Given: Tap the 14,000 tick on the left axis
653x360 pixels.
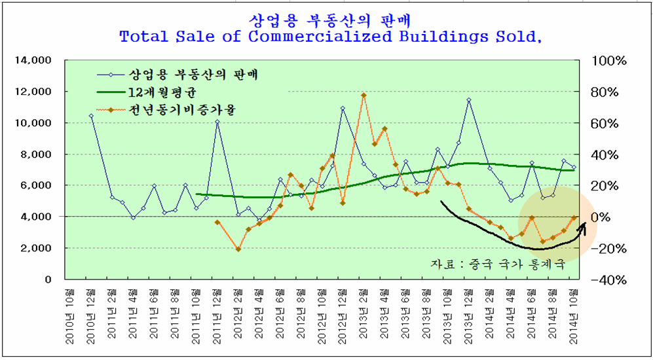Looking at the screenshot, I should (x=33, y=60).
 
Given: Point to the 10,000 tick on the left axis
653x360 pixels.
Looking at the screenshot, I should (x=33, y=123).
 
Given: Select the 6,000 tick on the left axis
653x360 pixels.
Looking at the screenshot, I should (x=35, y=185).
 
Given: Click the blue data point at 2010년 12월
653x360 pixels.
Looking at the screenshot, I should (x=91, y=116).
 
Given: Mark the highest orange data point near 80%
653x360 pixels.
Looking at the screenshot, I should (x=364, y=96).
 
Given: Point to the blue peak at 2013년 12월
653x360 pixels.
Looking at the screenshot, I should (x=469, y=100).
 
